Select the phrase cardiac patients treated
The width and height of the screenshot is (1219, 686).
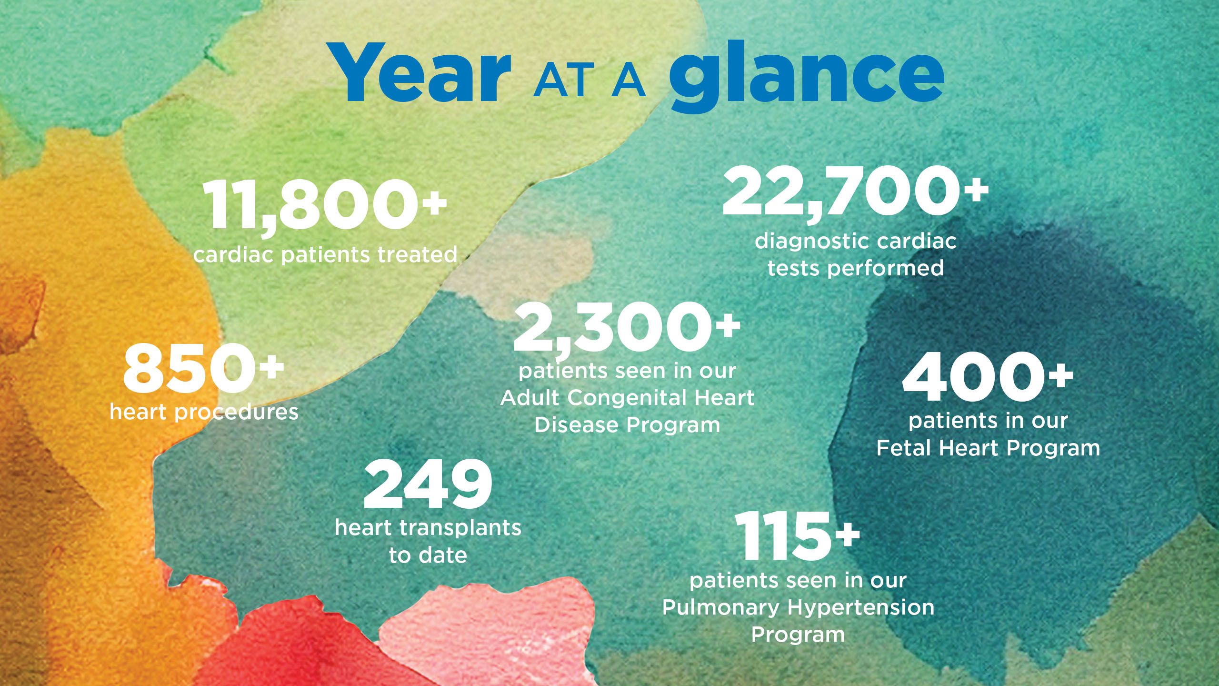click(x=325, y=254)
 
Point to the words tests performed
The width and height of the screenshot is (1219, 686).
click(x=855, y=269)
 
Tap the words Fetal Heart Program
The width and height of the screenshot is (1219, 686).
click(x=989, y=448)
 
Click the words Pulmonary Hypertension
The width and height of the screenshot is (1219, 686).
click(x=798, y=607)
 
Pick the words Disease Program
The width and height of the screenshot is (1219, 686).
click(x=627, y=425)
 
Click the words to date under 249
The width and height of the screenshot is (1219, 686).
click(x=428, y=555)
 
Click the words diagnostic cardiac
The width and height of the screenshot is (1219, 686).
click(x=855, y=242)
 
